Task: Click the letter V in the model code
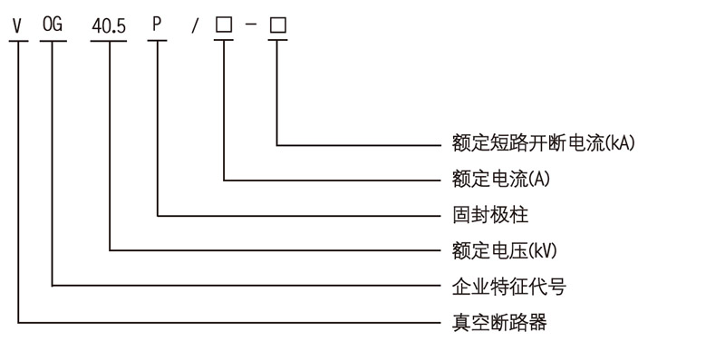point(16,25)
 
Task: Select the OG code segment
point(53,25)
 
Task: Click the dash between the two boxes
point(250,26)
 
